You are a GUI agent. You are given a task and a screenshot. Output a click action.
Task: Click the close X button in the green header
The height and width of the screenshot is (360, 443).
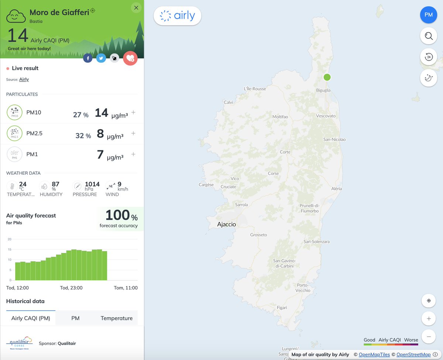point(136,8)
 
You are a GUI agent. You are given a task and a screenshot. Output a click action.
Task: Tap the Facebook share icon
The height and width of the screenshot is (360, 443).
point(87,58)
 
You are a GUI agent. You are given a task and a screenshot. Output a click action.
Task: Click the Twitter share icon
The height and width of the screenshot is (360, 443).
point(101,58)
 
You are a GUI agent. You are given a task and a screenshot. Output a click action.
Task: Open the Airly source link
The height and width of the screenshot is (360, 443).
point(24,79)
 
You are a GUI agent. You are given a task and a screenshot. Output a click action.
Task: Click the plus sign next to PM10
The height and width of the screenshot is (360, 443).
point(133,113)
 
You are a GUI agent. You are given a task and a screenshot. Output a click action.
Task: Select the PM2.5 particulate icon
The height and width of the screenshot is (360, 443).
point(14,134)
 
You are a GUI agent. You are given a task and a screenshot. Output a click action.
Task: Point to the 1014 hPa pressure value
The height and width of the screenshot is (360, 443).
point(92,184)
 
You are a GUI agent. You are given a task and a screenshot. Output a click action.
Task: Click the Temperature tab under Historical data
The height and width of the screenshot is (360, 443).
point(116,318)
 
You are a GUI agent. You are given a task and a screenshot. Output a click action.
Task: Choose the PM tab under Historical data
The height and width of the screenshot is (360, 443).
point(75,318)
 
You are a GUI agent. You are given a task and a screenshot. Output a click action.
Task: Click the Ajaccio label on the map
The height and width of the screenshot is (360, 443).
point(226,224)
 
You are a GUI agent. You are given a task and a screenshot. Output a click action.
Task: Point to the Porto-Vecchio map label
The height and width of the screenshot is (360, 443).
point(303,288)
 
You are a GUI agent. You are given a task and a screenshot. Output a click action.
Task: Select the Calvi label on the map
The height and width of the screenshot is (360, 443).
point(229,102)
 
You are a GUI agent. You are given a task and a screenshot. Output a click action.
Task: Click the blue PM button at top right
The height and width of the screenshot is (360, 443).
point(429,15)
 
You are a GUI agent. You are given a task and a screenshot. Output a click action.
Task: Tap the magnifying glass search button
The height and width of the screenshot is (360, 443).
point(429,36)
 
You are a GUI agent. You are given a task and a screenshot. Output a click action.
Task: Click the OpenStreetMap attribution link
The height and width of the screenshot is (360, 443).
point(413,354)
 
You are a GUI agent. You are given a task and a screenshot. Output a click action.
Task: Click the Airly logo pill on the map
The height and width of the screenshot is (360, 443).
point(177,16)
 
